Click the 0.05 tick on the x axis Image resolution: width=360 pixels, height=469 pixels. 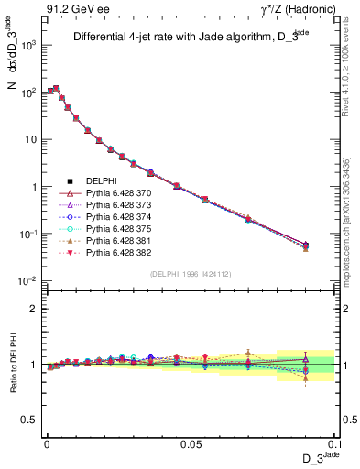pyautogui.click(x=190, y=443)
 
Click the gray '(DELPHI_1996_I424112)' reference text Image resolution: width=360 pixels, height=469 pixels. pyautogui.click(x=191, y=274)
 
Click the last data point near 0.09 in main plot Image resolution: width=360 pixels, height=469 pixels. pyautogui.click(x=306, y=245)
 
